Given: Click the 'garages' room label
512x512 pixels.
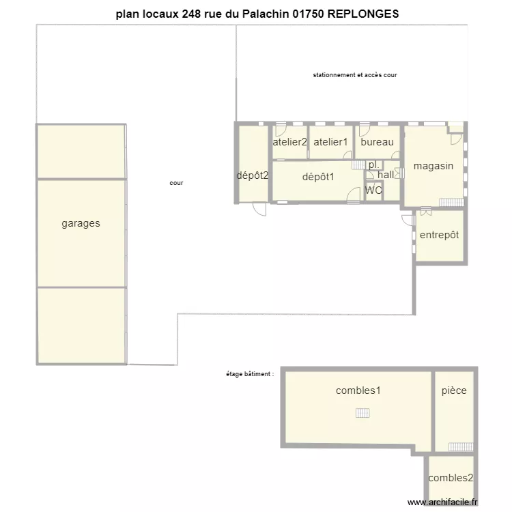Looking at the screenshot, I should (x=81, y=223).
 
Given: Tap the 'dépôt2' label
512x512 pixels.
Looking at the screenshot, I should (x=252, y=175).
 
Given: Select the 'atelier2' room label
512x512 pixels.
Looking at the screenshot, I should (x=290, y=142).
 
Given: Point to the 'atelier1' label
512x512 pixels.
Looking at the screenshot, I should (x=330, y=142).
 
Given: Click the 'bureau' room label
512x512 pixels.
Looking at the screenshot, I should (x=377, y=142).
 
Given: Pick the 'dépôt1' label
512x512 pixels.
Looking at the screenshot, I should (x=318, y=177).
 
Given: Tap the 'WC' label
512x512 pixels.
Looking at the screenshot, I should (x=373, y=190).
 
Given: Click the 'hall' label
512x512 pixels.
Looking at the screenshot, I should (x=386, y=175).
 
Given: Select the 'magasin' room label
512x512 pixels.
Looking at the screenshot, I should (x=433, y=166).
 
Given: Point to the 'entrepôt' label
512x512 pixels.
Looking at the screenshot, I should (x=439, y=235).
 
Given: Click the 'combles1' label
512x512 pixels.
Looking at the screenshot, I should (x=358, y=390).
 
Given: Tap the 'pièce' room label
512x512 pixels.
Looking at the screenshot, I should (x=454, y=390).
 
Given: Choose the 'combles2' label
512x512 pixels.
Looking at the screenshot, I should (x=451, y=478).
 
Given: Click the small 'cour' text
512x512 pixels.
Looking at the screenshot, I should (x=176, y=183).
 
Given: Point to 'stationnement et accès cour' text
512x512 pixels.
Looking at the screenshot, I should (x=355, y=75).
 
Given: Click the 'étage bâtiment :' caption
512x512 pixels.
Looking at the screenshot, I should (x=250, y=374).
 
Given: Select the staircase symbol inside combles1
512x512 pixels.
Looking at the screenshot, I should (x=362, y=412).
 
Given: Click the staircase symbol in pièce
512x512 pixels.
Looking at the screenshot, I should (x=461, y=446).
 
